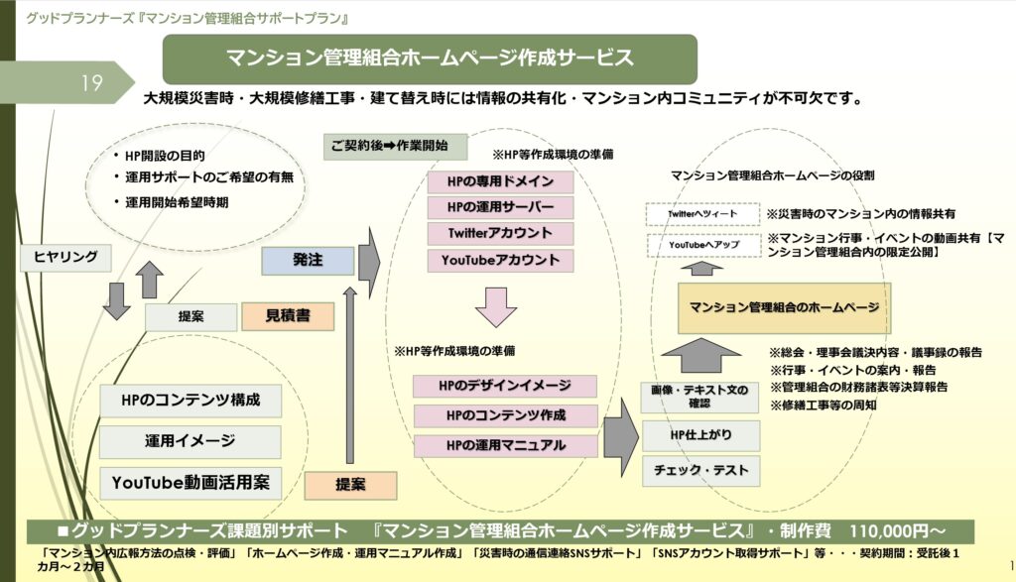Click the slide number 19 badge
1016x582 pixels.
(91, 83)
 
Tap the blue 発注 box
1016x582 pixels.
(308, 260)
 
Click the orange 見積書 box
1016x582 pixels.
(288, 316)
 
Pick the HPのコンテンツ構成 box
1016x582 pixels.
(190, 401)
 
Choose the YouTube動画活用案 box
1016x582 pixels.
(190, 482)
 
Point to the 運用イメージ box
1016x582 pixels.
(190, 441)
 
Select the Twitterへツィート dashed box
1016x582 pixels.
(700, 214)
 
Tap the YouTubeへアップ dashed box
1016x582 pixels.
(700, 245)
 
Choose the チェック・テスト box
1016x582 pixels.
(700, 469)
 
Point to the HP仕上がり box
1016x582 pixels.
(700, 434)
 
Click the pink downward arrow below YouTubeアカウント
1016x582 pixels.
(496, 305)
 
